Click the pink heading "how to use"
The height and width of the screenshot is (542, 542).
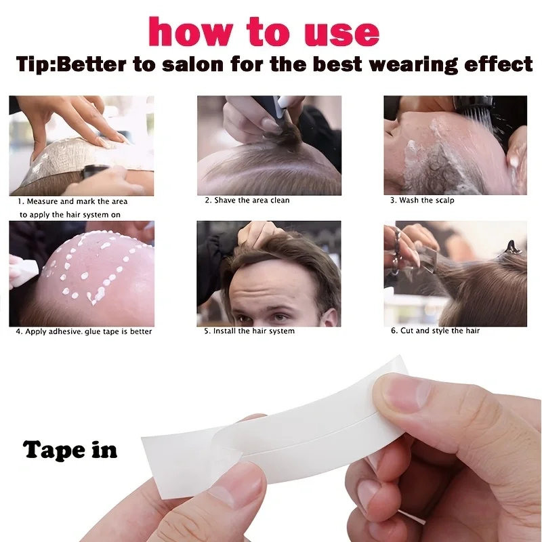(264, 32)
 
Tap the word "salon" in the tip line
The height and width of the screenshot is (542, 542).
(192, 64)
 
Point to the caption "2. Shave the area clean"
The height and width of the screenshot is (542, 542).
(247, 201)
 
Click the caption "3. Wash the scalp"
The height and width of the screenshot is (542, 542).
(422, 201)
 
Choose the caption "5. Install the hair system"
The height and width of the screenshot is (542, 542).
(249, 331)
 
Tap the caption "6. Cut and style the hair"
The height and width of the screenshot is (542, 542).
(435, 331)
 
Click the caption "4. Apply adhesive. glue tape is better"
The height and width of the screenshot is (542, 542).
(84, 331)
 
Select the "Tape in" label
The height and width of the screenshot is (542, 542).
(70, 450)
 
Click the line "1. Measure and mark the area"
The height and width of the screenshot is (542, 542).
(72, 201)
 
